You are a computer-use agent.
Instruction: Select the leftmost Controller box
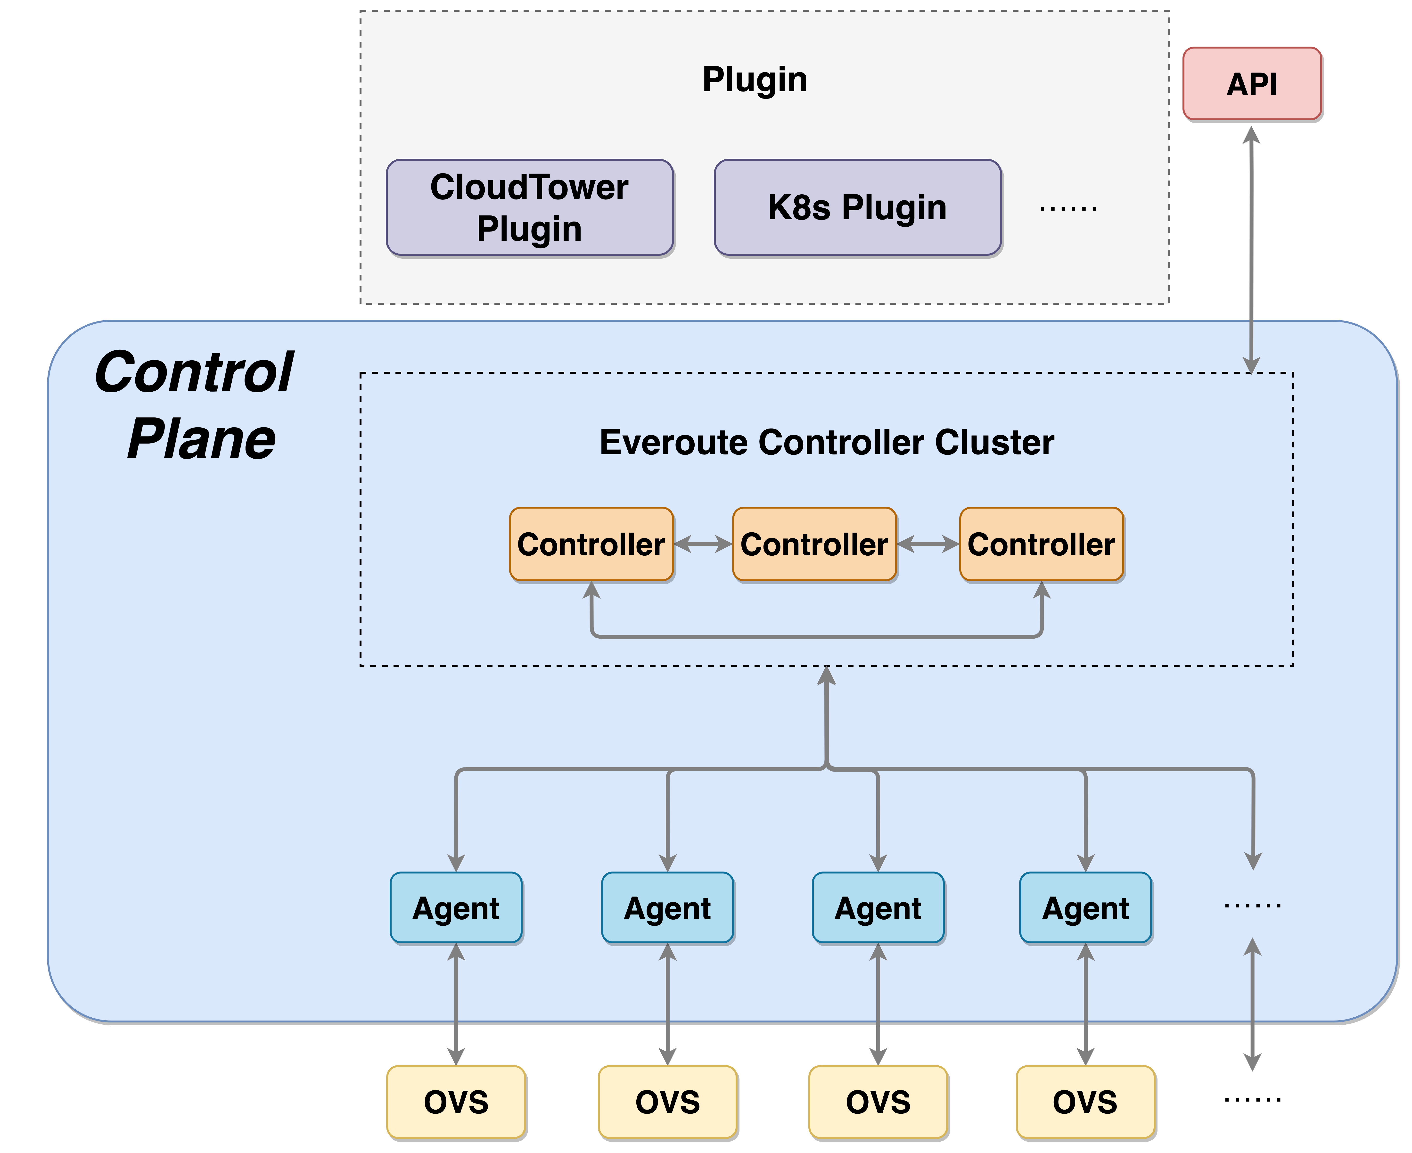pyautogui.click(x=591, y=544)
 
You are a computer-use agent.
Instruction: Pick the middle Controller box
pyautogui.click(x=814, y=544)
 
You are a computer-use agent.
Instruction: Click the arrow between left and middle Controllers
pyautogui.click(x=703, y=544)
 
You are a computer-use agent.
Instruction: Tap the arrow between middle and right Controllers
pyautogui.click(x=928, y=544)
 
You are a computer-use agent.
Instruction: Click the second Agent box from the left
pyautogui.click(x=667, y=908)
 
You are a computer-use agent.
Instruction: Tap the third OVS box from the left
pyautogui.click(x=878, y=1102)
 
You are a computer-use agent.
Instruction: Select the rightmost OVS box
pyautogui.click(x=1085, y=1102)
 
